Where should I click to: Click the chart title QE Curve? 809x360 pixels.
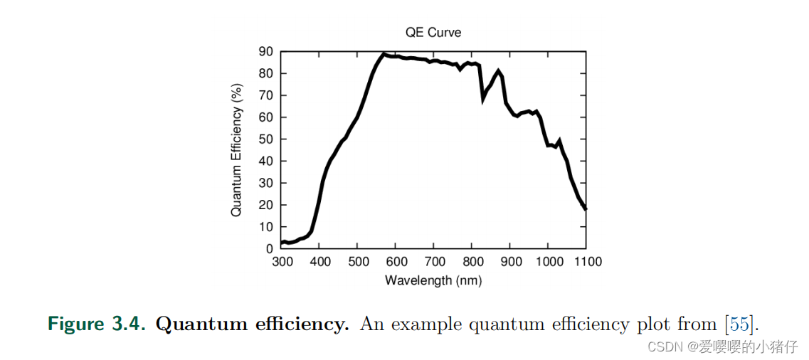433,33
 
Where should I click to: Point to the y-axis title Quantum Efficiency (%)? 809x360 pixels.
237,149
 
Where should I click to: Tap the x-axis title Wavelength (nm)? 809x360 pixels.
433,280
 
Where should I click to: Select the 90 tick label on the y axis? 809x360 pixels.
266,51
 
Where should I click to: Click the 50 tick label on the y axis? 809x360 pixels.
266,139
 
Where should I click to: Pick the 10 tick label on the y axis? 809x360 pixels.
266,227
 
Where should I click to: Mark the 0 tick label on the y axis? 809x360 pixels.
270,249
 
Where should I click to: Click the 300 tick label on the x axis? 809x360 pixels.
282,262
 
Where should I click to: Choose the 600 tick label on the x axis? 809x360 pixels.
396,262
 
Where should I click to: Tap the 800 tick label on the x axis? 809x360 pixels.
472,262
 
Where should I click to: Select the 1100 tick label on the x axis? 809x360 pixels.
586,262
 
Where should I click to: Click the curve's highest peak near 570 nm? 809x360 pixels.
384,54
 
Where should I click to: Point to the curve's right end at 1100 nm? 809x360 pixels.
586,209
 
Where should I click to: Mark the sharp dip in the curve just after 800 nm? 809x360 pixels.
484,99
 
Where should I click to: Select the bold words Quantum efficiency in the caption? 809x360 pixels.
253,324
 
